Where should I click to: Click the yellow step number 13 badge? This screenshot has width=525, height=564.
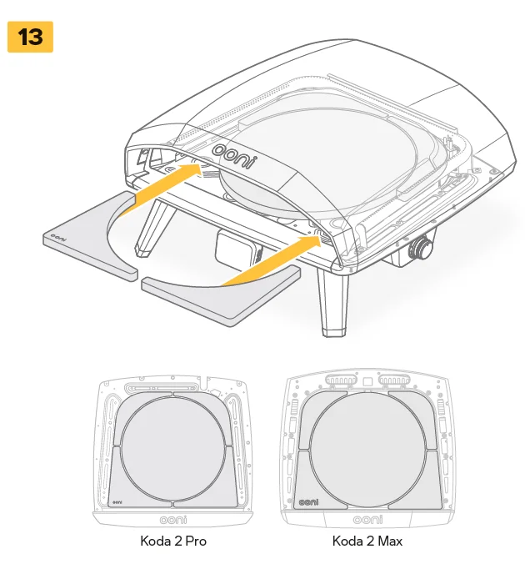point(30,38)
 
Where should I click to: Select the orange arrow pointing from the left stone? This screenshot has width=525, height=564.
point(158,189)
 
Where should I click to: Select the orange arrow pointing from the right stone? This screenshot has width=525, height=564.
point(274,259)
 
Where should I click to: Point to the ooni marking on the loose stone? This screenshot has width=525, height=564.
point(57,239)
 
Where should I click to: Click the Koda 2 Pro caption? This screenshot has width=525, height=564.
point(173,541)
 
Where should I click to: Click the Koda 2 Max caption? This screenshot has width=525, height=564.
point(367,541)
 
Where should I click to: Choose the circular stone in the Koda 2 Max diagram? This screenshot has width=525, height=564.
point(367,448)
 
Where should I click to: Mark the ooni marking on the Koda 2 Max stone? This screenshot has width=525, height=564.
point(309,503)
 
